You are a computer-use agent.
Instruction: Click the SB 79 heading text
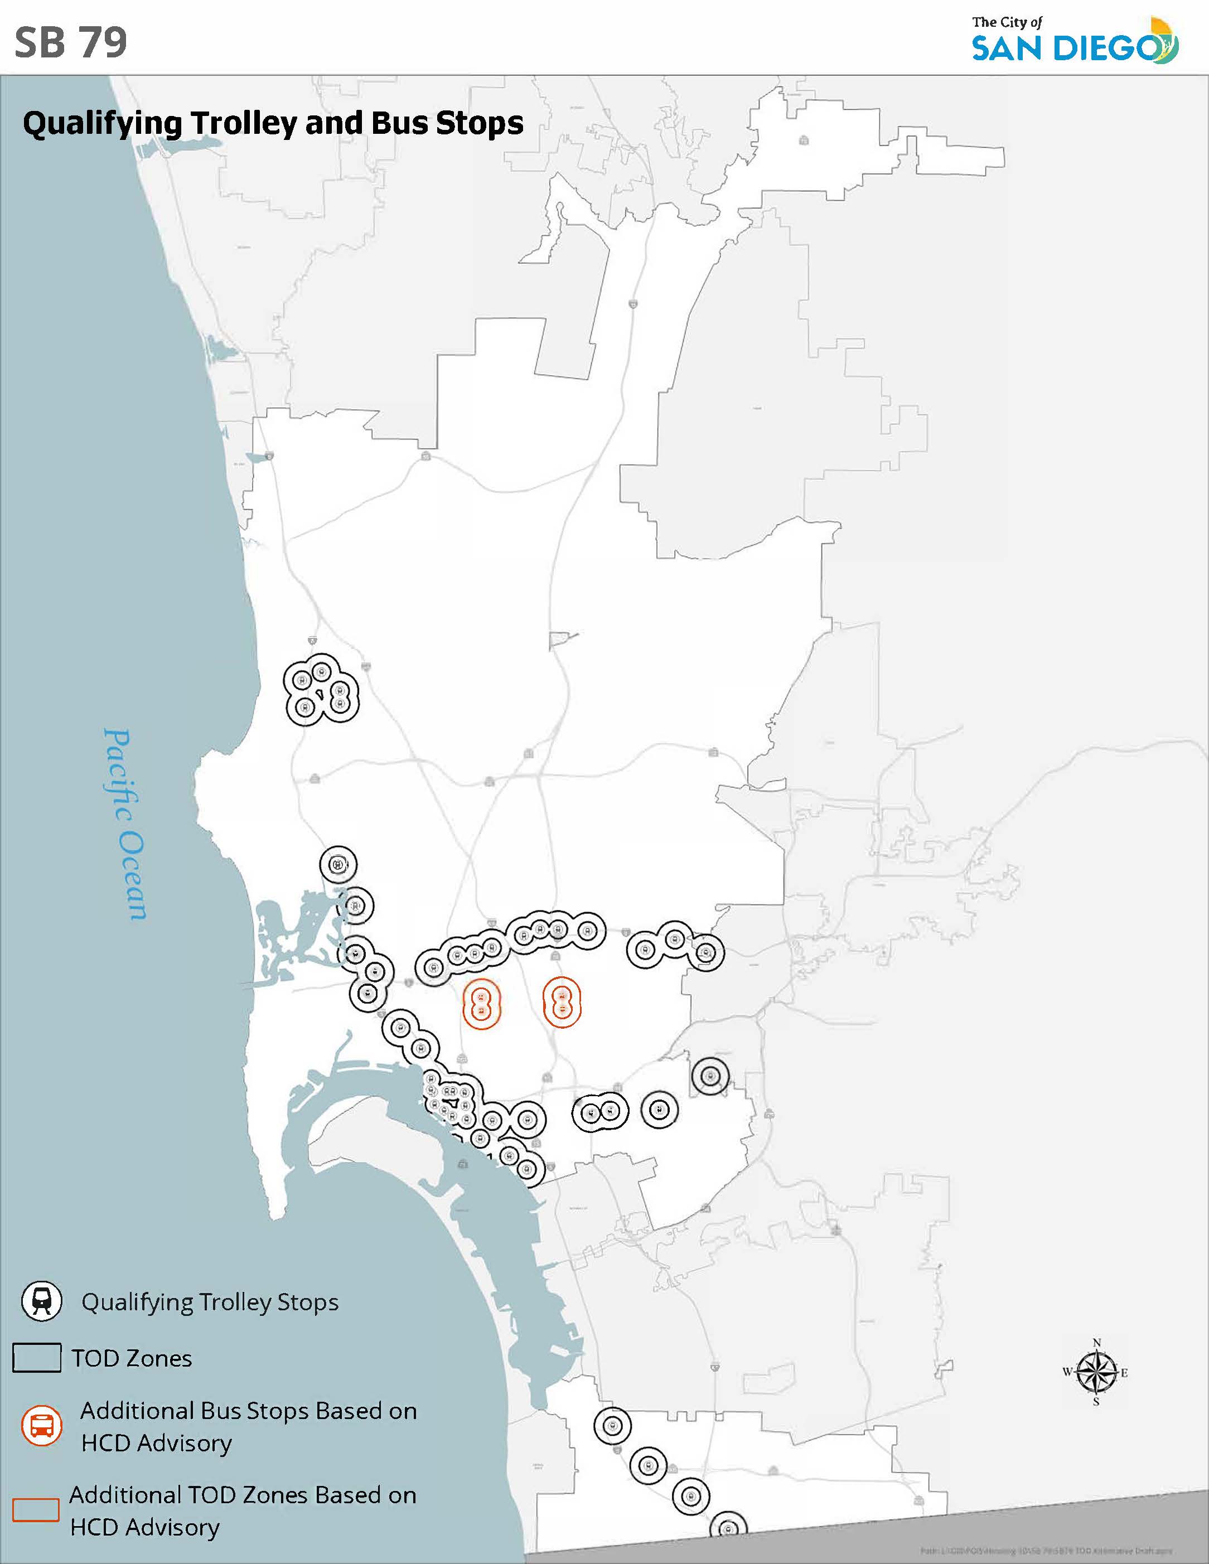coord(70,42)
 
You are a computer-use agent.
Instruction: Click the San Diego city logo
coord(1075,41)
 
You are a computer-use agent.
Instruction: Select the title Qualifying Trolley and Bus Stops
coord(273,123)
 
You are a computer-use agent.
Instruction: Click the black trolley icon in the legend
coord(41,1301)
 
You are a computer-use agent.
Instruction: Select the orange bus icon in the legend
coord(41,1426)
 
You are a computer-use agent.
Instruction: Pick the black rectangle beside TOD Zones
coord(37,1358)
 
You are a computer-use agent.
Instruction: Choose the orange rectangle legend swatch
coord(36,1509)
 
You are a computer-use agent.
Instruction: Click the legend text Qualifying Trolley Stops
coord(210,1302)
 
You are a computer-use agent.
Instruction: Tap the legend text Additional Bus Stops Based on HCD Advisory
coord(248,1426)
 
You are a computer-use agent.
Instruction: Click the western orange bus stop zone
coord(481,1004)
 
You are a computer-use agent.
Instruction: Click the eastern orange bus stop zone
coord(562,1003)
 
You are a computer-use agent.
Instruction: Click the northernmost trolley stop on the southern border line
coord(612,1426)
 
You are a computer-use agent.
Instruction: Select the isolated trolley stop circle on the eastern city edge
coord(710,1076)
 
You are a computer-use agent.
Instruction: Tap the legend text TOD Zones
coord(132,1358)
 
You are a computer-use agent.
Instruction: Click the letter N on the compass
coord(1096,1343)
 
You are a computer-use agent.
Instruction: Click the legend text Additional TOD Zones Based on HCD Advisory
coord(243,1511)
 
